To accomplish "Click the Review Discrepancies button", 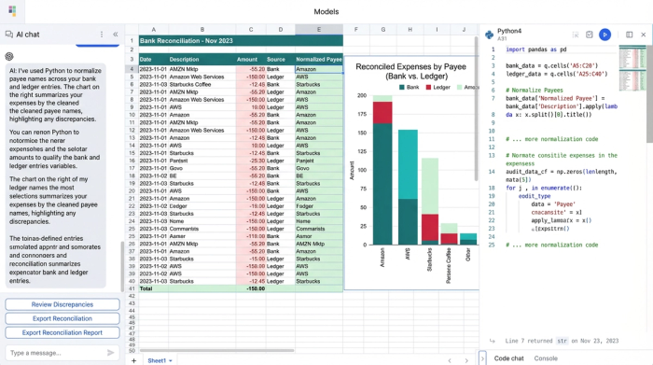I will point(62,304).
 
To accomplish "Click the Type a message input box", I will point(56,352).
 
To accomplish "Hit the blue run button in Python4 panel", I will point(604,35).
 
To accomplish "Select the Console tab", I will point(546,358).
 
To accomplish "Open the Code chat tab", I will point(508,358).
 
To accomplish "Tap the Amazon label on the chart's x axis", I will point(382,259).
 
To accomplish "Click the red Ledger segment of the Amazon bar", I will point(382,112).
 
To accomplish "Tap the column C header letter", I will point(250,30).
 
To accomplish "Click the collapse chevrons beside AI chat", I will point(116,35).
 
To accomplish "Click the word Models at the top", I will point(326,11).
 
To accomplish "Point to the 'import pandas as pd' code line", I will point(536,49).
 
